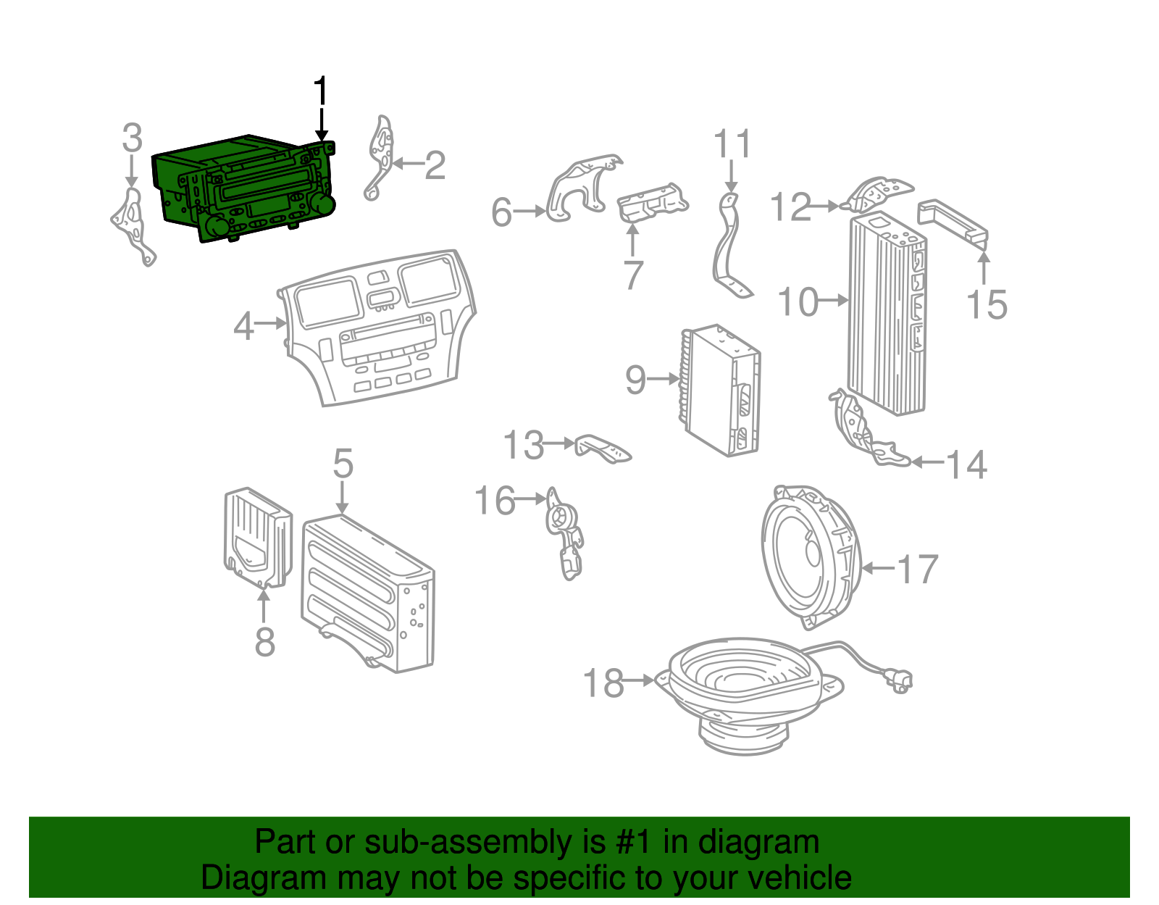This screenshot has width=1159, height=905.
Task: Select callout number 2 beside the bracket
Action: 434,166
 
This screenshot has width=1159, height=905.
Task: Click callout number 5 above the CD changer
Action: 343,463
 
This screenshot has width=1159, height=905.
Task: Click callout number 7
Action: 632,275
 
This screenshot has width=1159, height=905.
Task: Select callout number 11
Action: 732,144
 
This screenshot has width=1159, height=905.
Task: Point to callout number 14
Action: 966,464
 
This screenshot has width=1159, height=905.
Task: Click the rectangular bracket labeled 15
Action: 953,222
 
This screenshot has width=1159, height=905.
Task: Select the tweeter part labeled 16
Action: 564,533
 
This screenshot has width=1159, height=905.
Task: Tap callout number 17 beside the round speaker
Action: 918,569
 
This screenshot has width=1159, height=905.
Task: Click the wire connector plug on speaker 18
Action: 900,680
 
